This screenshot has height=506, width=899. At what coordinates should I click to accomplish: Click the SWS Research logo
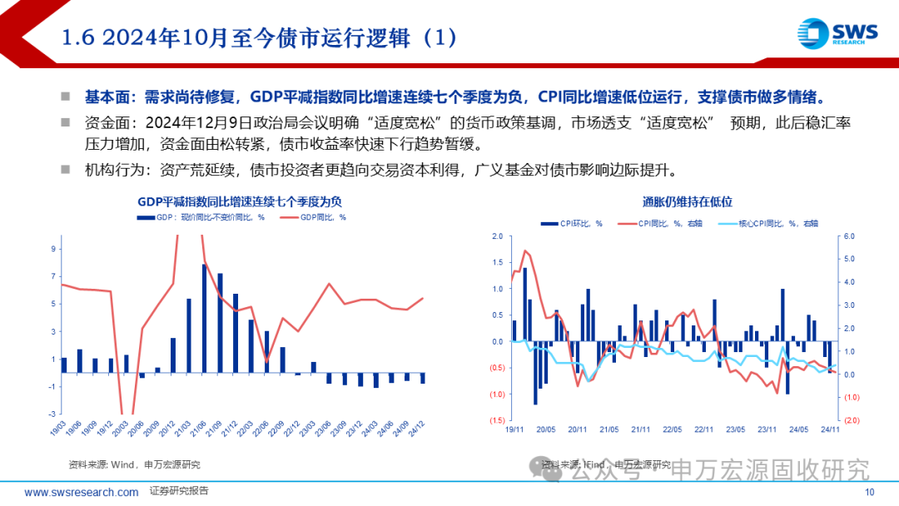[x=836, y=34]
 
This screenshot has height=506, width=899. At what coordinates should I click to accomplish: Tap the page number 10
[x=870, y=493]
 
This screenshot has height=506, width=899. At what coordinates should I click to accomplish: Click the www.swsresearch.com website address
[x=82, y=493]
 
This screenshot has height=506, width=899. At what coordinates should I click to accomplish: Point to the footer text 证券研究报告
[x=179, y=492]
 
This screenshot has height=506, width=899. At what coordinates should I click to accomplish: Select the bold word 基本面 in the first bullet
[x=106, y=97]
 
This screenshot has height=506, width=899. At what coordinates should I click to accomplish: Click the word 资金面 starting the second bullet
[x=106, y=123]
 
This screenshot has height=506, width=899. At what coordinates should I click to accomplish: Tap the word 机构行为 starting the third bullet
[x=112, y=170]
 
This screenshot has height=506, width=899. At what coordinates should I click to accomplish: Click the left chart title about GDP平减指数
[x=240, y=202]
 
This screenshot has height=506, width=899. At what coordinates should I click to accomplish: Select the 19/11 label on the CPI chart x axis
[x=514, y=429]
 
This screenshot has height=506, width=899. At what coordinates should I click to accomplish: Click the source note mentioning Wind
[x=133, y=464]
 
